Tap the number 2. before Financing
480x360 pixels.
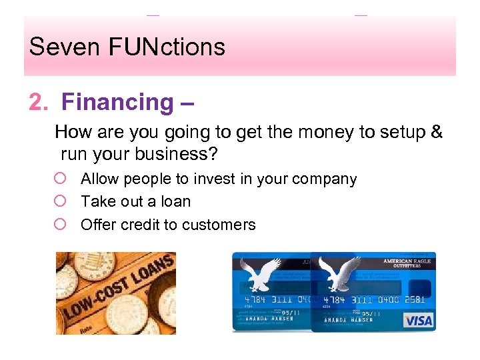[39, 103]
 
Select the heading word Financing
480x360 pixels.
[117, 103]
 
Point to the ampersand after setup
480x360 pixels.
[437, 132]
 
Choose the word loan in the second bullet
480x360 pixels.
[177, 201]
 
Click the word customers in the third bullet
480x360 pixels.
[220, 225]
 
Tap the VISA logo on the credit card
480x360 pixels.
[418, 320]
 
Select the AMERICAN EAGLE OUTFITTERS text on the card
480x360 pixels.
[408, 263]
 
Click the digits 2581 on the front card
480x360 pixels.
[414, 300]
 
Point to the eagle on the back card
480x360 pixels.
[257, 275]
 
